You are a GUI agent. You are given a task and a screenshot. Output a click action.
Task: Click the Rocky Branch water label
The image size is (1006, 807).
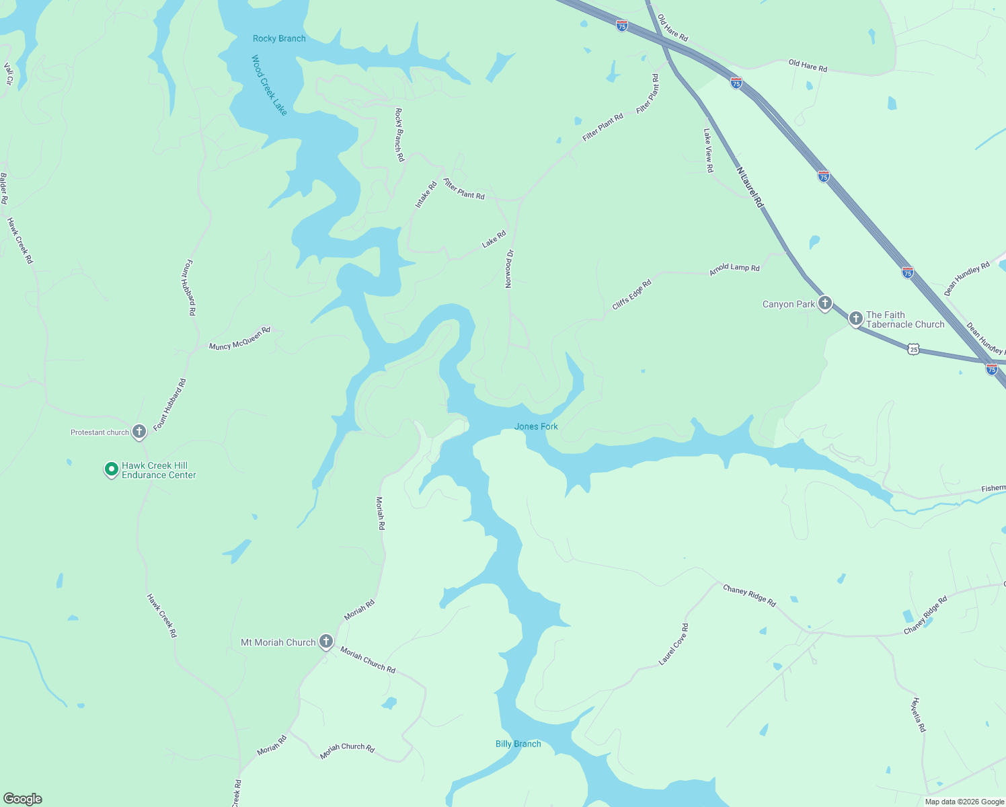[x=279, y=38]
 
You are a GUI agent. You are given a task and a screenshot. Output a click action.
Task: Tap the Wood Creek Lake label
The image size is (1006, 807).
[x=269, y=85]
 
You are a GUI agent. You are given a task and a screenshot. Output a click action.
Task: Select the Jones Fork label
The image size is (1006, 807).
[x=536, y=426]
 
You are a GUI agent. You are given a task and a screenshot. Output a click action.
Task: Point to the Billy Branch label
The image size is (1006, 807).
[x=518, y=744]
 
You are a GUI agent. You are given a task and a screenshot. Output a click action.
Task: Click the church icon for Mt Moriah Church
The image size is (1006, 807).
[x=326, y=642]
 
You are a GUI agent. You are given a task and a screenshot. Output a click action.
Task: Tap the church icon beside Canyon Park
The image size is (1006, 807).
[x=824, y=303]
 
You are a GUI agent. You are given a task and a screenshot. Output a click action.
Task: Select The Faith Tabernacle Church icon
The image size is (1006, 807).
[x=855, y=319]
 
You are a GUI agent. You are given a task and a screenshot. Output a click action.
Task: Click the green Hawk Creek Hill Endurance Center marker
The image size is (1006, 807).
[x=112, y=469]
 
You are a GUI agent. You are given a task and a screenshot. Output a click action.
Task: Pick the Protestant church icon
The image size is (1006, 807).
[x=139, y=432]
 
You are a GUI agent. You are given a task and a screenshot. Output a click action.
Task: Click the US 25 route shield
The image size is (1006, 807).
[x=913, y=348]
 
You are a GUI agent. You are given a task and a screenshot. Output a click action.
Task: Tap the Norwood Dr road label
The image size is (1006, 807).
[x=510, y=269]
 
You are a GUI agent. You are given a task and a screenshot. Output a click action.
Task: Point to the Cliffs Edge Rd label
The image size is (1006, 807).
[x=631, y=295]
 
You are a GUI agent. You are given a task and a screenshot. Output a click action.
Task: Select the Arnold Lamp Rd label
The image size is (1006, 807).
[x=734, y=268]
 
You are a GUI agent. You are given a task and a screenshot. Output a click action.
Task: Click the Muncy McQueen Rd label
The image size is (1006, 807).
[x=239, y=338]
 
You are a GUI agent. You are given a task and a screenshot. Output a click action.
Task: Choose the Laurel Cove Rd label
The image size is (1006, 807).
[x=673, y=644]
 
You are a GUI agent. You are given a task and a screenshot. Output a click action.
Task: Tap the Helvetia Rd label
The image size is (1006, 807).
[x=919, y=715]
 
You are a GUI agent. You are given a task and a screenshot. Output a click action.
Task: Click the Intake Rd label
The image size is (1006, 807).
[x=426, y=194]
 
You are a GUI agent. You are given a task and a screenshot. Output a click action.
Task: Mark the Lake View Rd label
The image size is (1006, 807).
[x=708, y=151]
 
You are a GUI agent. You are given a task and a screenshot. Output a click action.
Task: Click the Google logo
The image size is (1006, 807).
[x=22, y=799]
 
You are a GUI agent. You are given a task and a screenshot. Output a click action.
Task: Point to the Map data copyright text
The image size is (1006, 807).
[x=964, y=802]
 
